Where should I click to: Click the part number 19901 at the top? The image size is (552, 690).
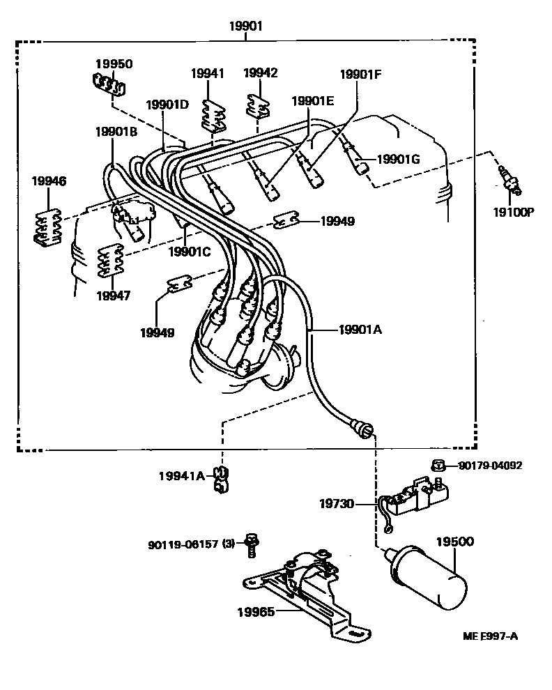click(x=245, y=26)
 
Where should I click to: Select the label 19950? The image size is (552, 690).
click(x=114, y=64)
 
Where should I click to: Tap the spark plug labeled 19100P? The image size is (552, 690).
click(x=509, y=180)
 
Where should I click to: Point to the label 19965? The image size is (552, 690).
click(x=256, y=612)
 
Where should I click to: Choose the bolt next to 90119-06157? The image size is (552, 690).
click(x=252, y=545)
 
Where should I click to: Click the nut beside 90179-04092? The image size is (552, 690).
click(x=438, y=465)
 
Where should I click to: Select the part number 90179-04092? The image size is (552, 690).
click(x=491, y=465)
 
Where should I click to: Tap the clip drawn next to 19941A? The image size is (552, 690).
click(x=221, y=480)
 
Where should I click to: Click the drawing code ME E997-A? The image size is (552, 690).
click(x=490, y=636)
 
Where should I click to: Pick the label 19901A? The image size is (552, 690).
click(x=360, y=329)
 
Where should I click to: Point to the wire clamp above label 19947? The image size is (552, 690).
click(x=109, y=261)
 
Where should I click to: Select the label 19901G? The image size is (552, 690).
click(x=399, y=159)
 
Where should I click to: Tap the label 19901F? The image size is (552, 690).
click(x=360, y=75)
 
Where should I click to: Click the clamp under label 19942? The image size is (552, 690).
click(x=257, y=107)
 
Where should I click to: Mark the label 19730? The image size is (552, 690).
click(x=337, y=503)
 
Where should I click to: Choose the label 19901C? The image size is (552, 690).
click(x=190, y=252)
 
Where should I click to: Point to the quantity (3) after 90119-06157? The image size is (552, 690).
click(x=228, y=544)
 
